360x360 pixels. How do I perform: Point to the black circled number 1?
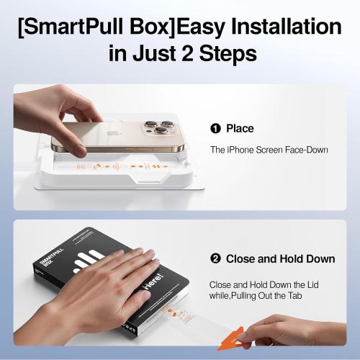click(x=215, y=129)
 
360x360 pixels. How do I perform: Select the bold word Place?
click(x=240, y=129)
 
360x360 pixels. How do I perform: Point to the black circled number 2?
click(x=215, y=258)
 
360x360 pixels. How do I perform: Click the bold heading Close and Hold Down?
click(x=281, y=258)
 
